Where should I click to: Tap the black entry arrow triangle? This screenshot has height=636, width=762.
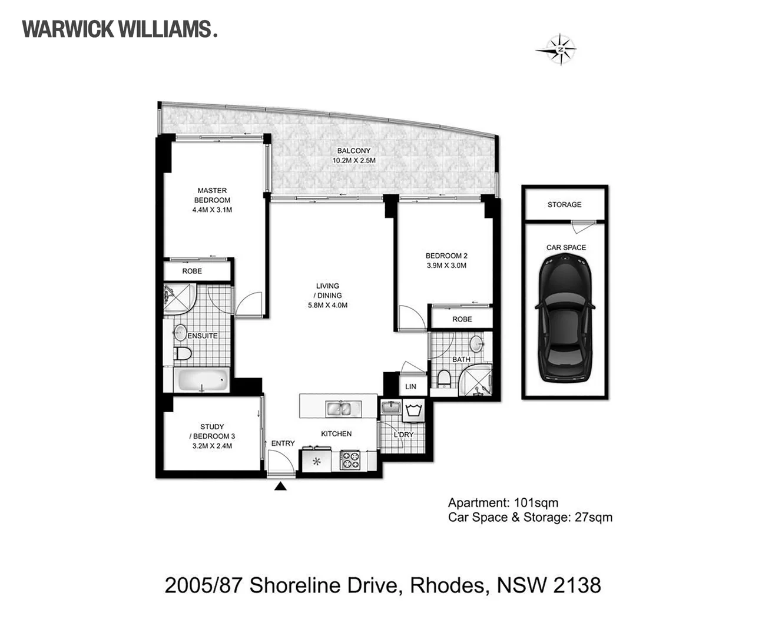coord(280,486)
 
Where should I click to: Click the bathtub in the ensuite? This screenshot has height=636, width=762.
coord(203,380)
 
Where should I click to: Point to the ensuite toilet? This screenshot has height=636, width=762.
coord(182,353)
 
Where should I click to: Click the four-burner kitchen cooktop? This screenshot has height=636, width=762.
coord(350,460)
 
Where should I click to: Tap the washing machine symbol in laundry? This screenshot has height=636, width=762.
coord(413,410)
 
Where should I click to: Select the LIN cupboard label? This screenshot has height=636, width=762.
coord(410,386)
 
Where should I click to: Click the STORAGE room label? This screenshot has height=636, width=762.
coord(564,204)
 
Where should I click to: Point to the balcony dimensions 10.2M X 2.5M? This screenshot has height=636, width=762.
coord(354,160)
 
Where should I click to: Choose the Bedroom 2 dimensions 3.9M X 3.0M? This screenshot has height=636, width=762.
coord(446,265)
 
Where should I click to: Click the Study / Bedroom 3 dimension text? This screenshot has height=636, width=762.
coord(212,446)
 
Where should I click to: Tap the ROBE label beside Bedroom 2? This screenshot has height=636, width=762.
coord(462,319)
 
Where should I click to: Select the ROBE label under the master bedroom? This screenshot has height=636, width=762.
coord(192,271)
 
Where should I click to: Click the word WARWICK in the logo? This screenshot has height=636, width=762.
coord(68,29)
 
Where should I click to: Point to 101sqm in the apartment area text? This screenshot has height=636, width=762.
coord(536,503)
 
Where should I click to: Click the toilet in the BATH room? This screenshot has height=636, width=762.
coord(444,379)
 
